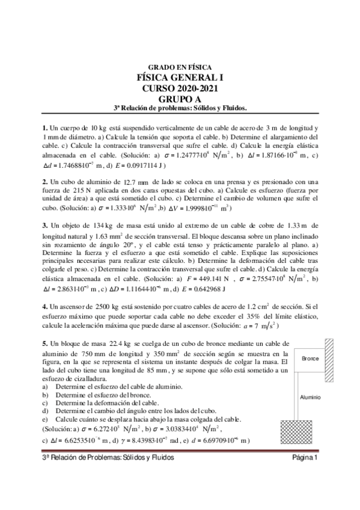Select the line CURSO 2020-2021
pos(180,88)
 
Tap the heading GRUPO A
pos(180,99)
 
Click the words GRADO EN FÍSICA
pos(180,67)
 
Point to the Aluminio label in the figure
pos(311,398)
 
